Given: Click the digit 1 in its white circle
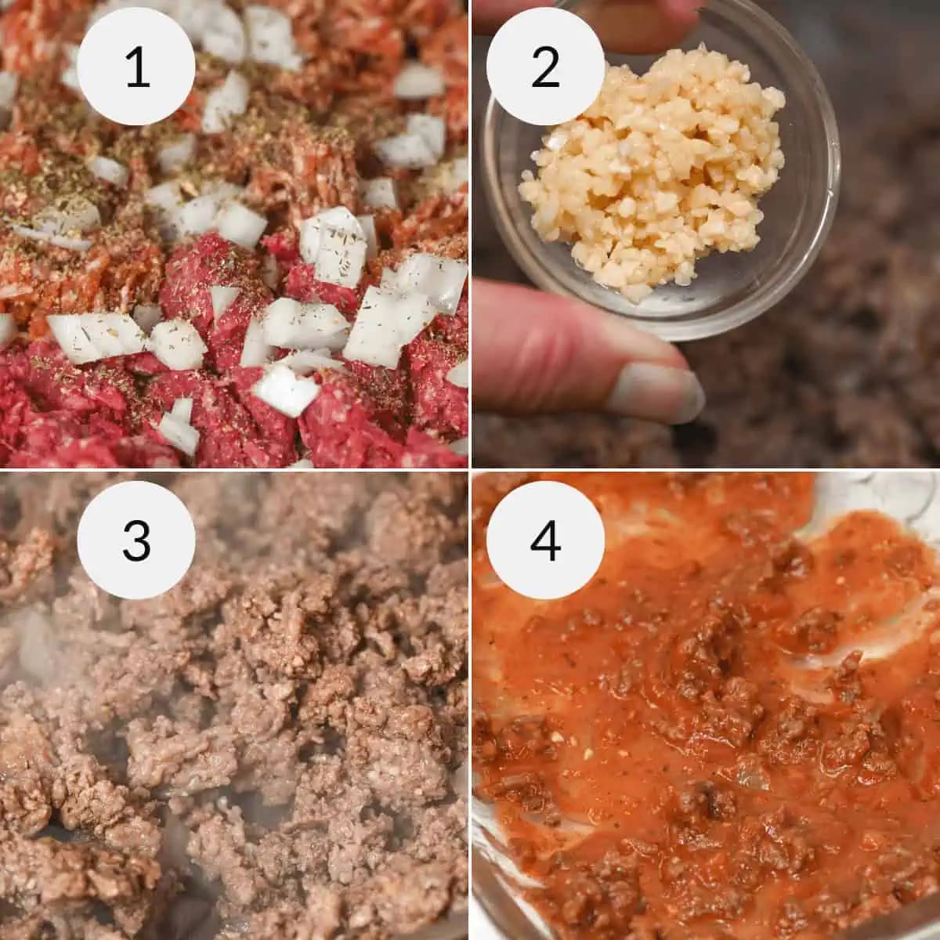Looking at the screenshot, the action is point(138,67).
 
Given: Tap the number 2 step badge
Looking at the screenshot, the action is point(545,67).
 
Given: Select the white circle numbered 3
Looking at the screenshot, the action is point(136,540).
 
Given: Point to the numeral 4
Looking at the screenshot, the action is point(545,540).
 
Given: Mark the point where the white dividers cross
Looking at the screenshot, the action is point(470,470).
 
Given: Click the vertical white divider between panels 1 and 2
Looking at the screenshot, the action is point(470,234).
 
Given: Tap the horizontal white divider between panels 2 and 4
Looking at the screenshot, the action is point(706,470).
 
